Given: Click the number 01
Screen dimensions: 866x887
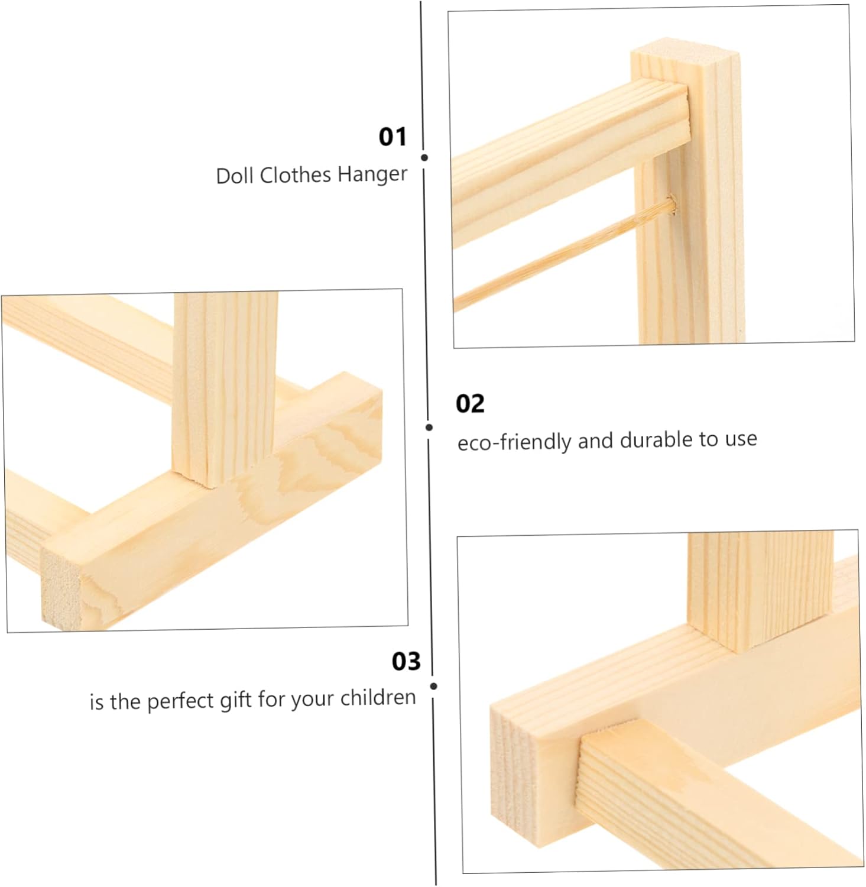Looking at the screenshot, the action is pos(393,137).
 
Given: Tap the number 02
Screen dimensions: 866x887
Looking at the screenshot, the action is pos(470,403).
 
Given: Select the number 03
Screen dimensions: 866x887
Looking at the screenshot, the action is pos(406,661).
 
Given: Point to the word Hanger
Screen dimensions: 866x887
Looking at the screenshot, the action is pos(372,174).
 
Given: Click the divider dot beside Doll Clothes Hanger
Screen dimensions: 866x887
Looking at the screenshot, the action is pos(424,157).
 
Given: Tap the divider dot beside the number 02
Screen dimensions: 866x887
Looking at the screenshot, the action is pos(429,427).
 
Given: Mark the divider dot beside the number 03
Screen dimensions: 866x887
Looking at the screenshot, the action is pos(434,686).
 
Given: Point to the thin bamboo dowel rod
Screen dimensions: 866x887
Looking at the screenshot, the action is pos(565,254).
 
